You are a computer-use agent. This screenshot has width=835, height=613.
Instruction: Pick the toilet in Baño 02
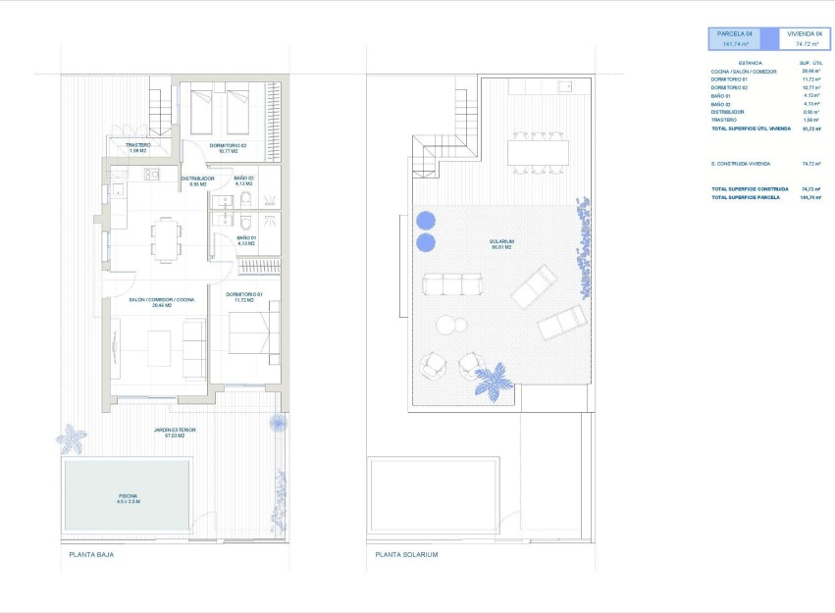[245, 200]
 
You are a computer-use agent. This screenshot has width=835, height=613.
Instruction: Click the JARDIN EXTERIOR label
[176, 431]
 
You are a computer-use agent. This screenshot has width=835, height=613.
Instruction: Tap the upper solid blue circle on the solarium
[425, 220]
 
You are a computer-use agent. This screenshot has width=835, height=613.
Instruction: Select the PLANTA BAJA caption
[90, 554]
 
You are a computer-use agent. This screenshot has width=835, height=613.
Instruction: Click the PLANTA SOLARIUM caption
[406, 554]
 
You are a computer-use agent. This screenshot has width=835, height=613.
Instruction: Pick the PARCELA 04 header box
[743, 38]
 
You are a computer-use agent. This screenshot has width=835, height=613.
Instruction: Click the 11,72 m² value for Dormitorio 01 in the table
[809, 79]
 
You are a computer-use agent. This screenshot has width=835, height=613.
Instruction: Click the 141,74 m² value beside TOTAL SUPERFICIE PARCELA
[809, 197]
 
